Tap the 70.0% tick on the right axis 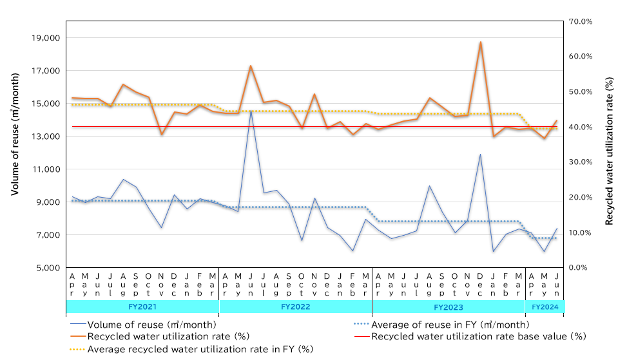583,21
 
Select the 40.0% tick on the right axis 583,127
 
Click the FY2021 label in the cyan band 142,307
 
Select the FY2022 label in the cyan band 296,307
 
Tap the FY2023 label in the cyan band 449,307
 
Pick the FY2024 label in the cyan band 545,307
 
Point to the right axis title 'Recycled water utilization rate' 609,143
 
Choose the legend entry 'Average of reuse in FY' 450,325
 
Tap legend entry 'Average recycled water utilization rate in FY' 200,348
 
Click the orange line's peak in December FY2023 481,42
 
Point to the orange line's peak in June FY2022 251,66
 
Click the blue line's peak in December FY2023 481,155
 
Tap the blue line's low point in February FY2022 353,251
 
